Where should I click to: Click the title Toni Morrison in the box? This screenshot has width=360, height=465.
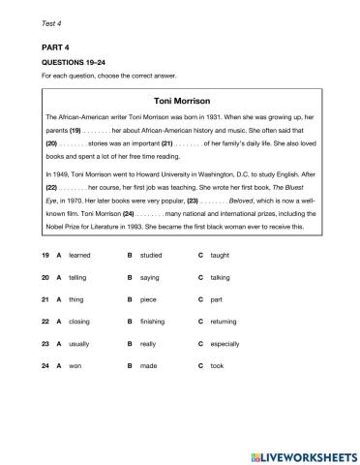181,100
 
